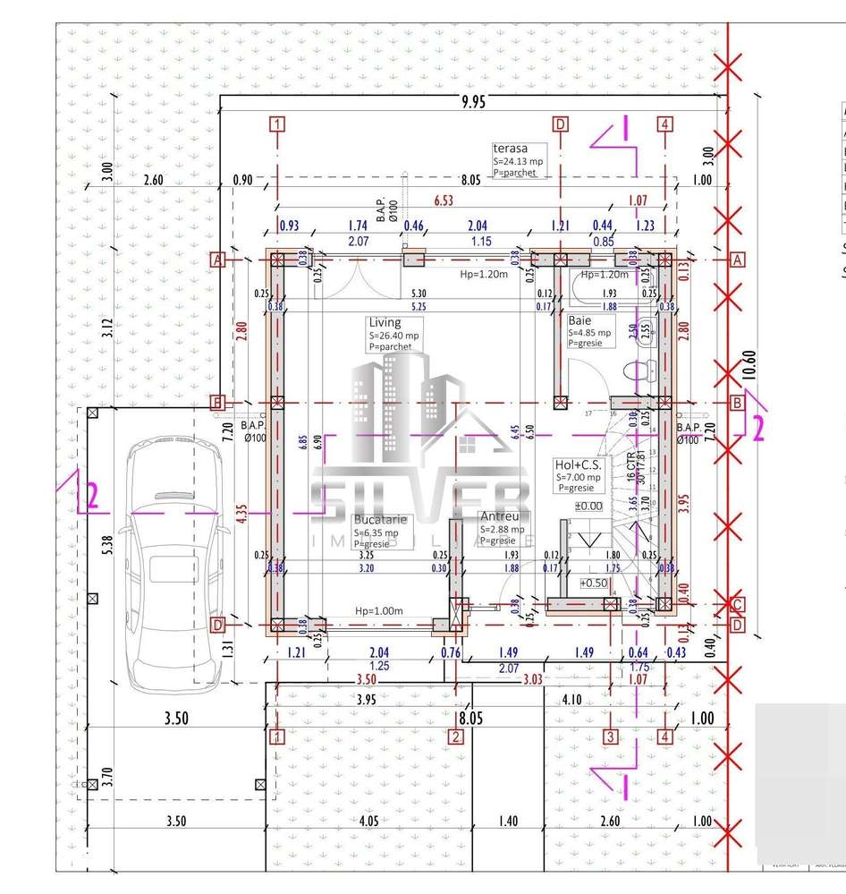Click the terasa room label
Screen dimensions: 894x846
511,149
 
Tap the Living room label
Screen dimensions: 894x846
385,322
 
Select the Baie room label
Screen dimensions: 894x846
580,319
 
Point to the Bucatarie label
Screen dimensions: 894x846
381,519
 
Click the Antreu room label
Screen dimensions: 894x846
496,517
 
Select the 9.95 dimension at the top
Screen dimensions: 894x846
474,103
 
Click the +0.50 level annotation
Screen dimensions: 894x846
594,583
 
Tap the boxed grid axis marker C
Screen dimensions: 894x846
737,603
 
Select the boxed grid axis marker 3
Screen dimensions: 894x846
611,737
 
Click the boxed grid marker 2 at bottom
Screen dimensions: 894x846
456,737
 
